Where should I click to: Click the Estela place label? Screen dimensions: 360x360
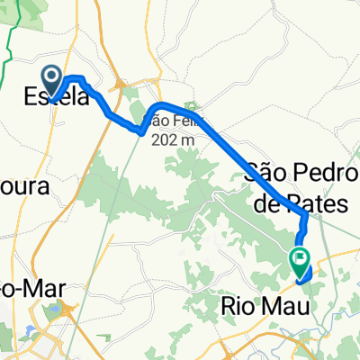click(x=56, y=96)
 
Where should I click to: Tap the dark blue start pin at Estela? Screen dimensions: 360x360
click(x=50, y=79)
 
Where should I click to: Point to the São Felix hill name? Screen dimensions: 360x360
click(x=169, y=121)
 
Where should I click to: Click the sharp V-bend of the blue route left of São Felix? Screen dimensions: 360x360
click(x=141, y=130)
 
